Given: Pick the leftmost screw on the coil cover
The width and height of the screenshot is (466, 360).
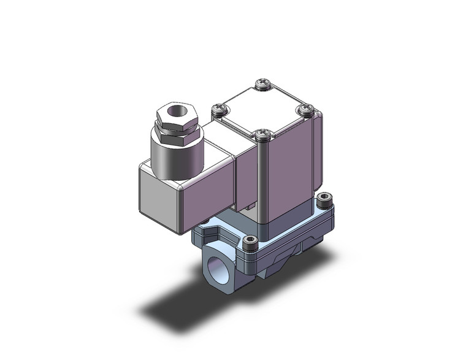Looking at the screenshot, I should pyautogui.click(x=220, y=110).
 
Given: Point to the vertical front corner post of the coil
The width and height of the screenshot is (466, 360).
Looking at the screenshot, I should pyautogui.click(x=262, y=178).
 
